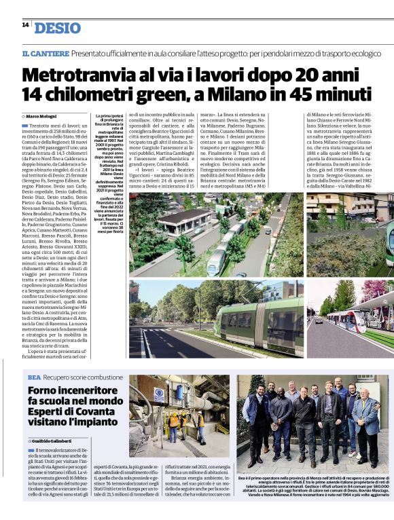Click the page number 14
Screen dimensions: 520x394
coord(25,24)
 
